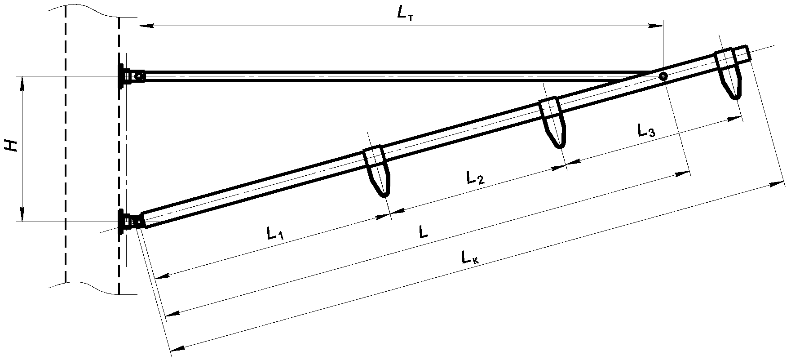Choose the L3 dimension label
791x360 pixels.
pyautogui.click(x=646, y=131)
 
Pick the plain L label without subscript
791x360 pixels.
pyautogui.click(x=423, y=232)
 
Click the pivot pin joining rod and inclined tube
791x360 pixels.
pyautogui.click(x=663, y=76)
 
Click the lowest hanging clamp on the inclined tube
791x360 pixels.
pyautogui.click(x=376, y=171)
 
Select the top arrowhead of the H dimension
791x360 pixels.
pyautogui.click(x=21, y=84)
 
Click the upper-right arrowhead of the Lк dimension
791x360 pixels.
pyautogui.click(x=777, y=183)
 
